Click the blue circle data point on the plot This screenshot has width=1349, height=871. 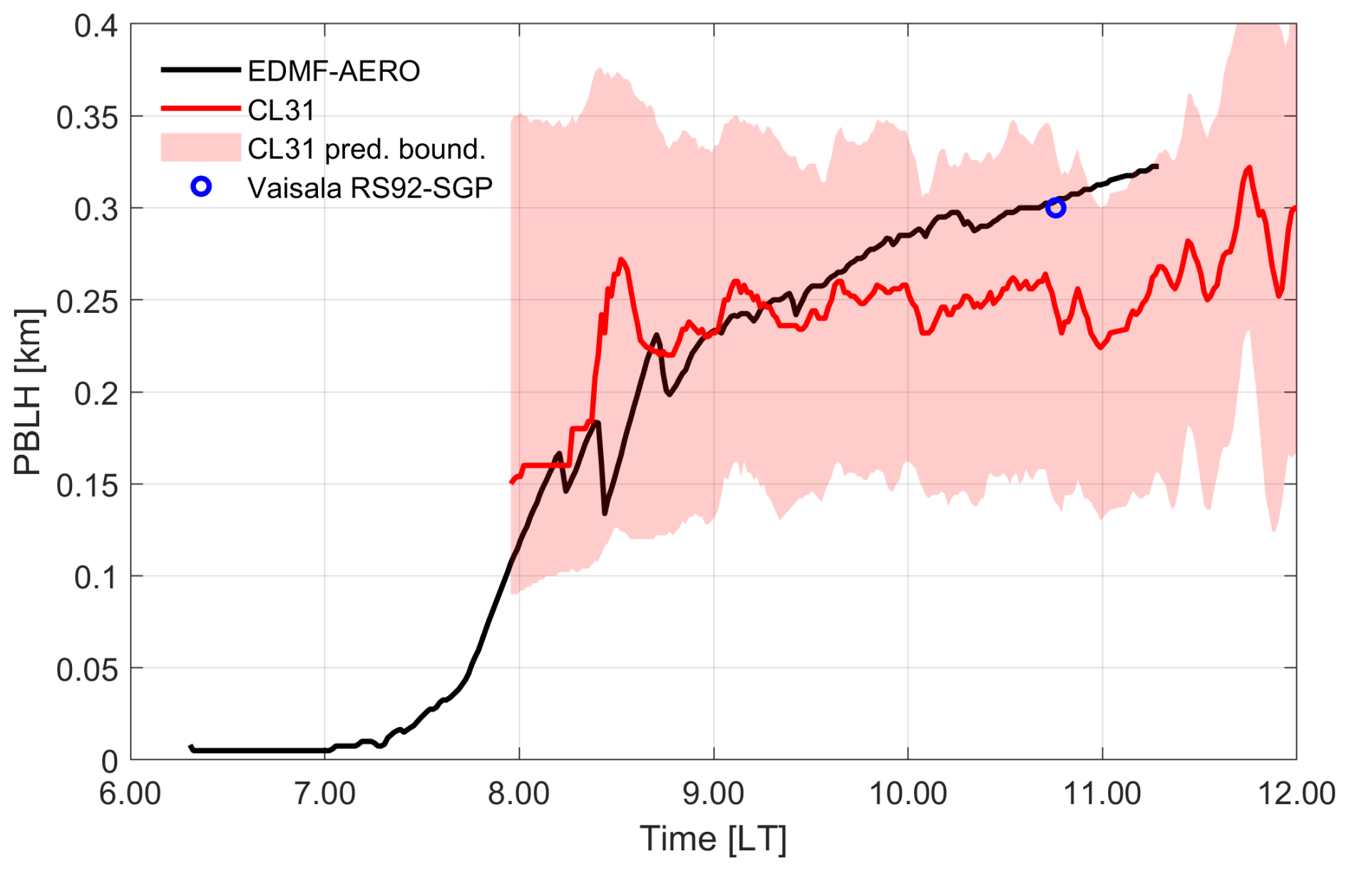tap(1055, 208)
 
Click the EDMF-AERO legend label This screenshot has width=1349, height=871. tap(334, 71)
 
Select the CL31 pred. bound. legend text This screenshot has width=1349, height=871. tap(366, 149)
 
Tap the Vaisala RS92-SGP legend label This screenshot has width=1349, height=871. tap(370, 187)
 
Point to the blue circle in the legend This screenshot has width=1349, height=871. tap(202, 187)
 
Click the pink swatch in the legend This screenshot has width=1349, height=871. tap(200, 148)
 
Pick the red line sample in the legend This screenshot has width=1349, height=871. tap(200, 109)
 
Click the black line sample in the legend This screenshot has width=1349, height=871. tap(200, 70)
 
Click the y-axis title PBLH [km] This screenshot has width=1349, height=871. tap(29, 392)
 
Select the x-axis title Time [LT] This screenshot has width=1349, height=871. tap(713, 839)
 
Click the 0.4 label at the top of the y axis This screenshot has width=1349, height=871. tap(96, 26)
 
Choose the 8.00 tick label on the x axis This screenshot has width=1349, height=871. tap(519, 793)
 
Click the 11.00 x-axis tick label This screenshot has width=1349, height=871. tap(1102, 793)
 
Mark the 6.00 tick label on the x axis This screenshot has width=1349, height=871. tap(130, 793)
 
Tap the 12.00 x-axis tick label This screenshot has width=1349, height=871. tap(1296, 793)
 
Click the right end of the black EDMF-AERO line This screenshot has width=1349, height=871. tap(1156, 166)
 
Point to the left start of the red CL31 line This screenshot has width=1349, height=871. tap(511, 483)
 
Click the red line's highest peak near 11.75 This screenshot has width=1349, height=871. tap(1248, 168)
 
